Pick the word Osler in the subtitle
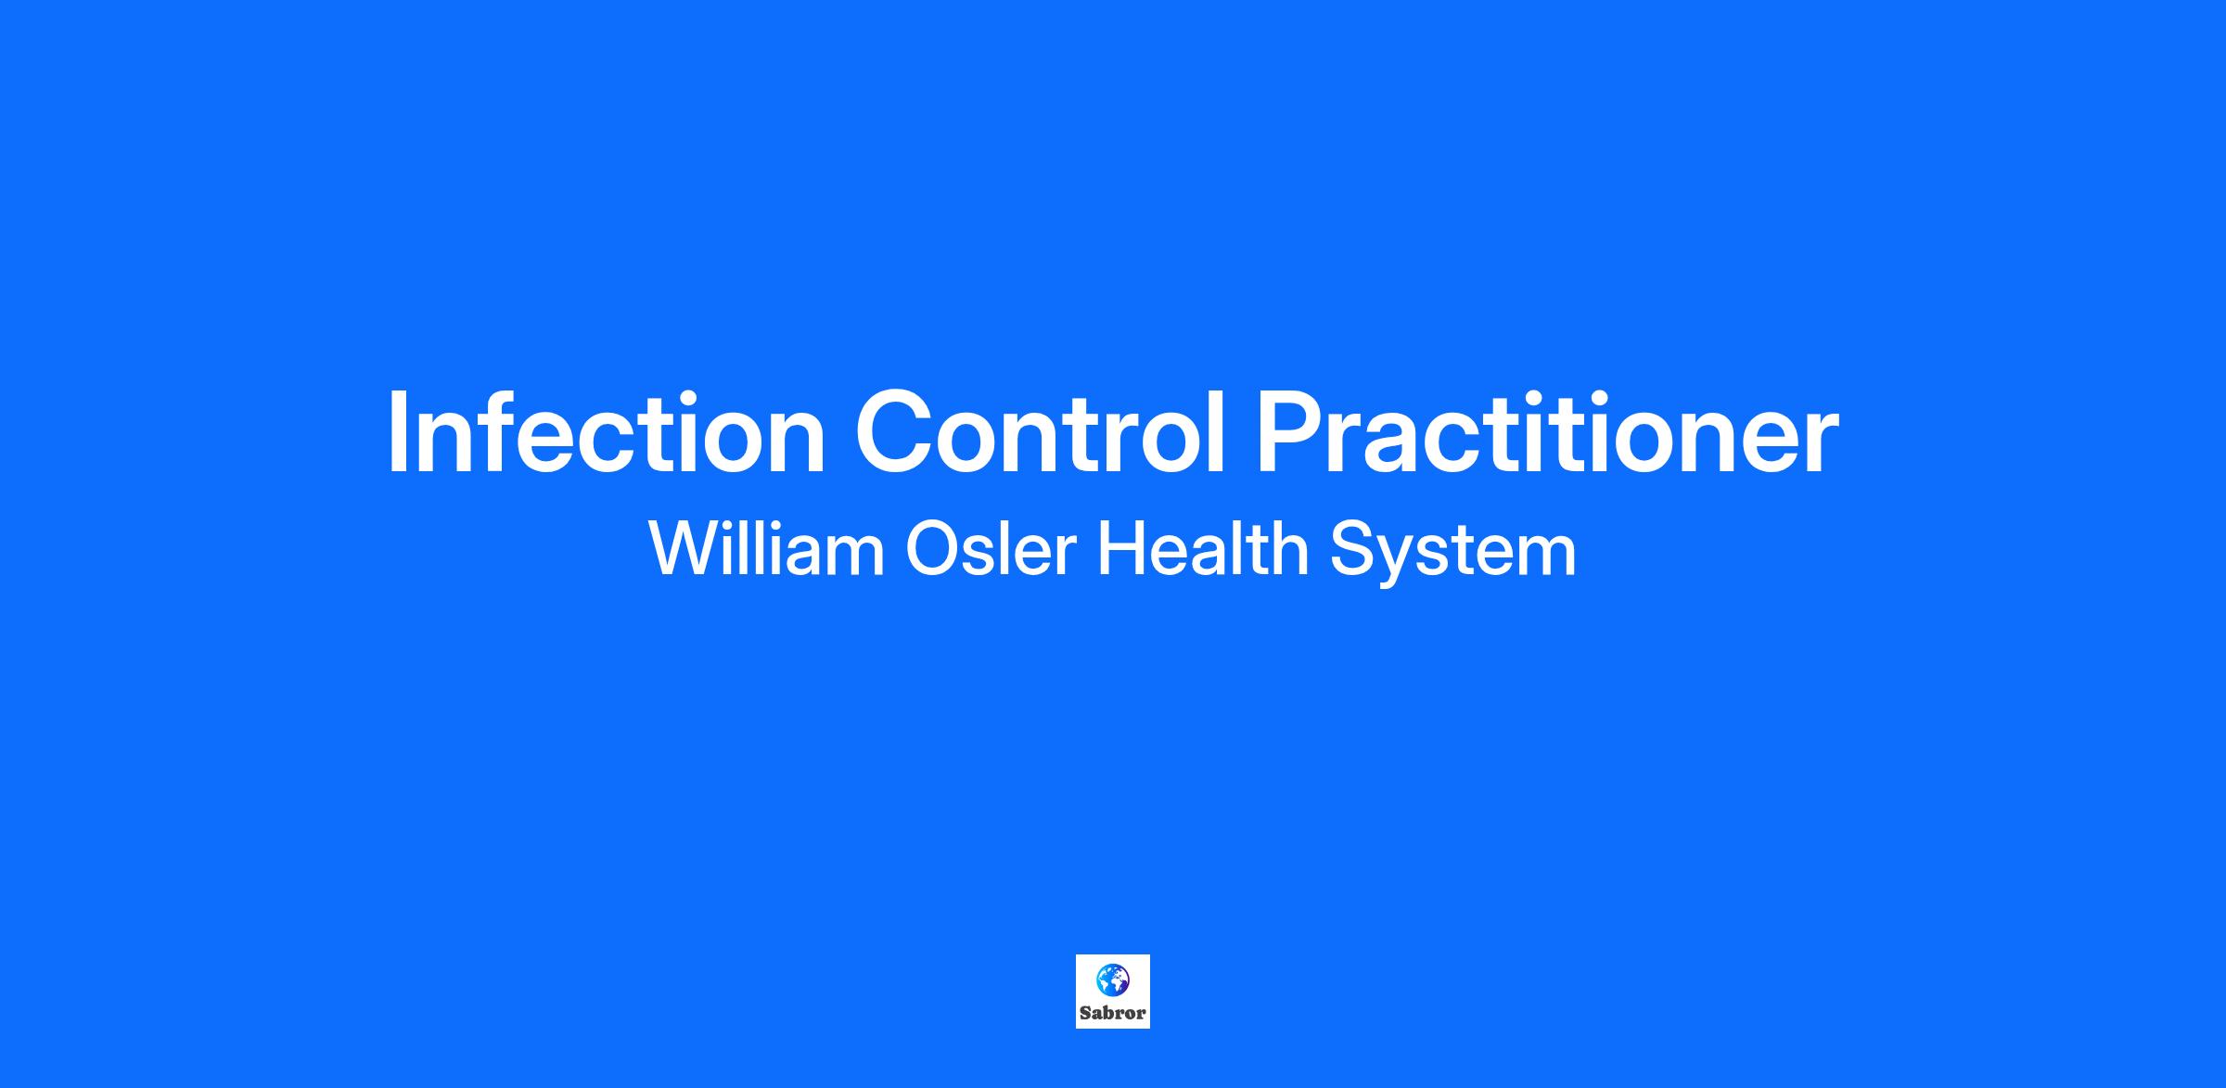click(x=991, y=549)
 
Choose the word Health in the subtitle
click(x=1203, y=548)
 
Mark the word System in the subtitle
click(x=1453, y=554)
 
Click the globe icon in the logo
click(x=1112, y=979)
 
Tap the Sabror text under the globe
click(x=1112, y=1013)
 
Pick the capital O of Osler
click(x=932, y=549)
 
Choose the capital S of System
click(x=1351, y=549)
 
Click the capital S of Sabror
click(x=1085, y=1013)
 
